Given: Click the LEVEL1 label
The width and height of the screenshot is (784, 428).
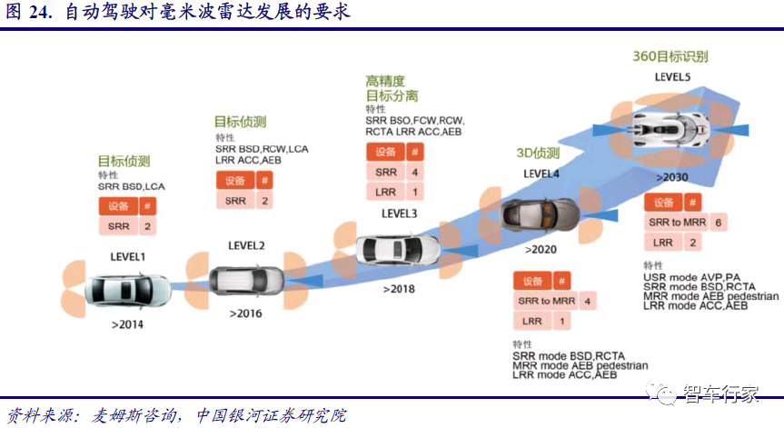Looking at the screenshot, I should point(127,257).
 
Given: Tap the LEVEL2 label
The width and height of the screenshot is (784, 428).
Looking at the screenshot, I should point(246,244).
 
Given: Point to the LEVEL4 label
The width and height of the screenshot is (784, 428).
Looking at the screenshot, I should point(541,174).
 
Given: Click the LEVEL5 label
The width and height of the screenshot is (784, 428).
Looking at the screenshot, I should point(673,77).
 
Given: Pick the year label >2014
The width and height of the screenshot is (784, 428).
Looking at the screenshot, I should point(127,323).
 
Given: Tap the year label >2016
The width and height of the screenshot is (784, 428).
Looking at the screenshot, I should point(245,314).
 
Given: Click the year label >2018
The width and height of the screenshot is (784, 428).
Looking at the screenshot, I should point(398,288).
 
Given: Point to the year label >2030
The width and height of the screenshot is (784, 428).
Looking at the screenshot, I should point(672,175).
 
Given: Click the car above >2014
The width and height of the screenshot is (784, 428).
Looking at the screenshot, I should point(127,291).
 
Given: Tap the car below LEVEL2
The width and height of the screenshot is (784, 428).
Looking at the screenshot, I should point(246,281).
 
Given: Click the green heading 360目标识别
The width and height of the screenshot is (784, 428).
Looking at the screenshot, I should point(670,56).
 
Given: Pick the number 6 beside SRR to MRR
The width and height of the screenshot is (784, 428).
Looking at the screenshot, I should point(692,222).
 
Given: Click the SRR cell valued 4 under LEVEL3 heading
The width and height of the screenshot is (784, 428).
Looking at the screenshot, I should point(386,172).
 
